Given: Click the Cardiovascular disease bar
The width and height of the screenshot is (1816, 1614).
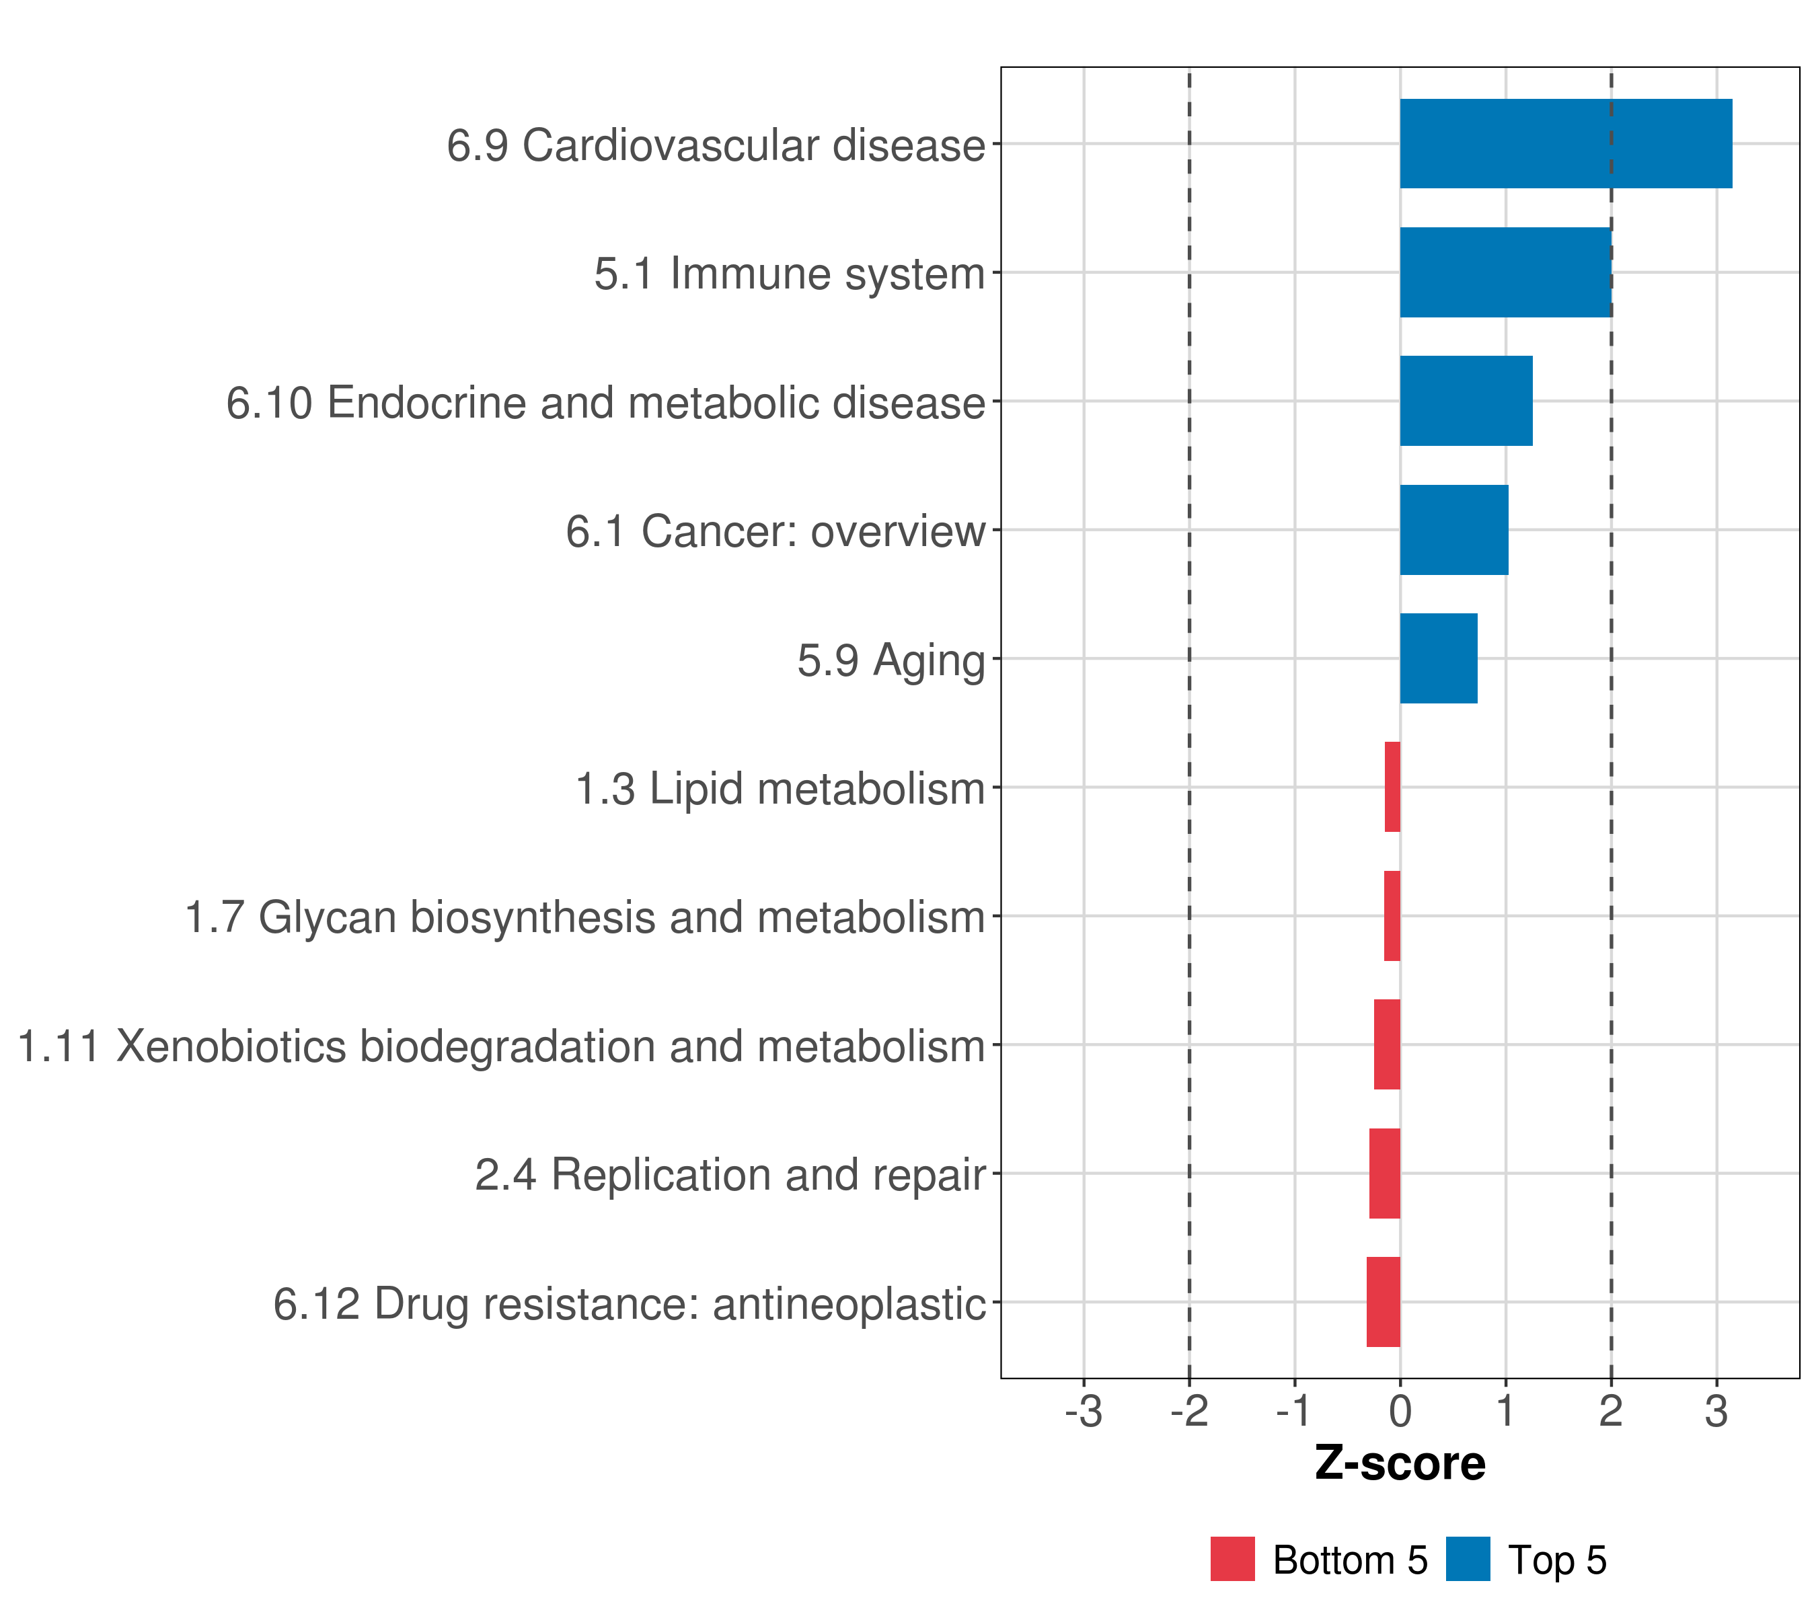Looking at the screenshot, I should [x=1565, y=143].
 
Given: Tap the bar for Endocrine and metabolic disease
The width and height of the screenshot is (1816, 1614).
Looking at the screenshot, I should [x=1466, y=401].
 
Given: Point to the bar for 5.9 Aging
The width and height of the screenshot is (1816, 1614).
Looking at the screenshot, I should [x=1439, y=658].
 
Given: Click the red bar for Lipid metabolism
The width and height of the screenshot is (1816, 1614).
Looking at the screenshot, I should [x=1392, y=787].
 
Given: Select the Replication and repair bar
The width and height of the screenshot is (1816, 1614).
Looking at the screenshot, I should [x=1384, y=1174].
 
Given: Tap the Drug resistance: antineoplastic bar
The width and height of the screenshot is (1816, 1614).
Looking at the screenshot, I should [x=1384, y=1302].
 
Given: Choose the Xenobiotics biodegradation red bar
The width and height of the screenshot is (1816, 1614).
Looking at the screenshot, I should [x=1387, y=1044].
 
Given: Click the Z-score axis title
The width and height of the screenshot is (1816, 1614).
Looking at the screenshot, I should [x=1400, y=1464].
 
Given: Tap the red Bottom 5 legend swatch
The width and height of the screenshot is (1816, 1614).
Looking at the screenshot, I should [x=1232, y=1559].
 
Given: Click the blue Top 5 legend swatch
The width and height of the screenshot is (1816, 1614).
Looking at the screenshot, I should [x=1468, y=1559].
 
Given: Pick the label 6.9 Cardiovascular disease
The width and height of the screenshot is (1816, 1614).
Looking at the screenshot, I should [x=715, y=145].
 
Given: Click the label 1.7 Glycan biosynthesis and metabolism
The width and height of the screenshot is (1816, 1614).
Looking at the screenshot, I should [x=584, y=917].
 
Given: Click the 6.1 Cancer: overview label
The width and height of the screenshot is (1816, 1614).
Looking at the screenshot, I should [x=775, y=531].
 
